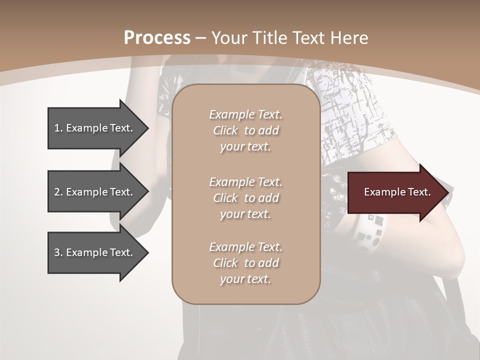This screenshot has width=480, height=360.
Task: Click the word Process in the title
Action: pos(157,38)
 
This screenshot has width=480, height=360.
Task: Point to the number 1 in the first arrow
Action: pos(57,128)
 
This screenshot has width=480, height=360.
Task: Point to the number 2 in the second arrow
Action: pos(57,192)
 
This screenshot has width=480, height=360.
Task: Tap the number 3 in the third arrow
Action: pos(57,252)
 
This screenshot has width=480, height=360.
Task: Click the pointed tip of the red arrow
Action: pos(447,192)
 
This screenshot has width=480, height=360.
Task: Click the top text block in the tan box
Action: pos(245,130)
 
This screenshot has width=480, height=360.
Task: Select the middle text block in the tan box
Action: pos(245,198)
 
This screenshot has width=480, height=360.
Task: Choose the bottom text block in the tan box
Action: pos(245,263)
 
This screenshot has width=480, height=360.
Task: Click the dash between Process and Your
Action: pos(200,38)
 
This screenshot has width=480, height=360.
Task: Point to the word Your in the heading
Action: pos(229,38)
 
